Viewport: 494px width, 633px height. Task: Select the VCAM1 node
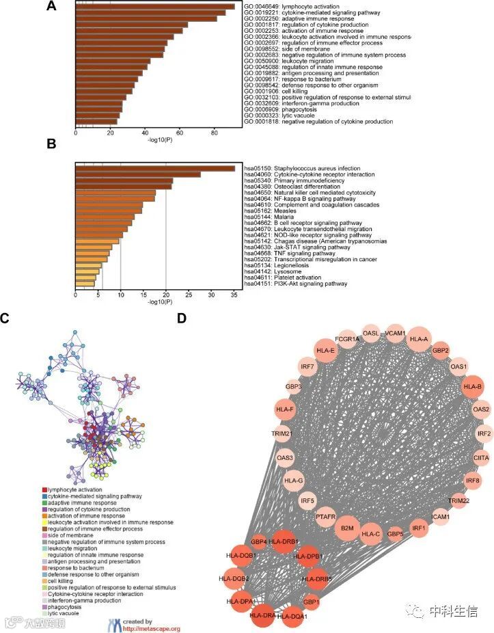click(395, 334)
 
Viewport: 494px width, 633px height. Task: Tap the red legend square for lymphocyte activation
click(45, 490)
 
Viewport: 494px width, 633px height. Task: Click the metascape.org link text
click(152, 628)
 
